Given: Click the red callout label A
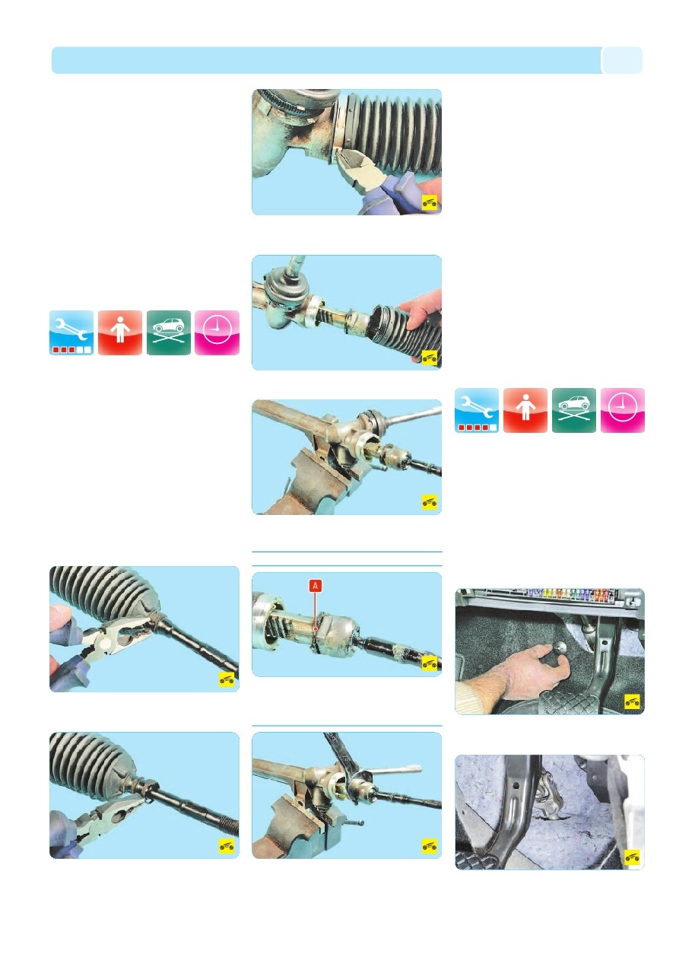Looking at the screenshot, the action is point(315,586).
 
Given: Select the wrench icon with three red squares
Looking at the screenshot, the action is point(71,332).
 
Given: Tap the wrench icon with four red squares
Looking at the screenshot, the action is point(477,410).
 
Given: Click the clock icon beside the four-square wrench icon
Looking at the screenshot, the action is point(622,410).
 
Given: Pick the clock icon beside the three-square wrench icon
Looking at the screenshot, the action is point(217,332).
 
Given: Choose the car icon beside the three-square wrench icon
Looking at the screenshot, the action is point(169,332).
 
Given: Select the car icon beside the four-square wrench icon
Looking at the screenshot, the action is point(573,410).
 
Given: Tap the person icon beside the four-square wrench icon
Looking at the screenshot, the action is point(525,410).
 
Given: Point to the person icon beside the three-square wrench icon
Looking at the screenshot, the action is point(120,332).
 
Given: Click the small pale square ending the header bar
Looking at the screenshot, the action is point(622,60).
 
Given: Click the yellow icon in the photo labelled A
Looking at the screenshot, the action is point(429,663).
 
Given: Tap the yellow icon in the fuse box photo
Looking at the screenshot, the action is point(632,701).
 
